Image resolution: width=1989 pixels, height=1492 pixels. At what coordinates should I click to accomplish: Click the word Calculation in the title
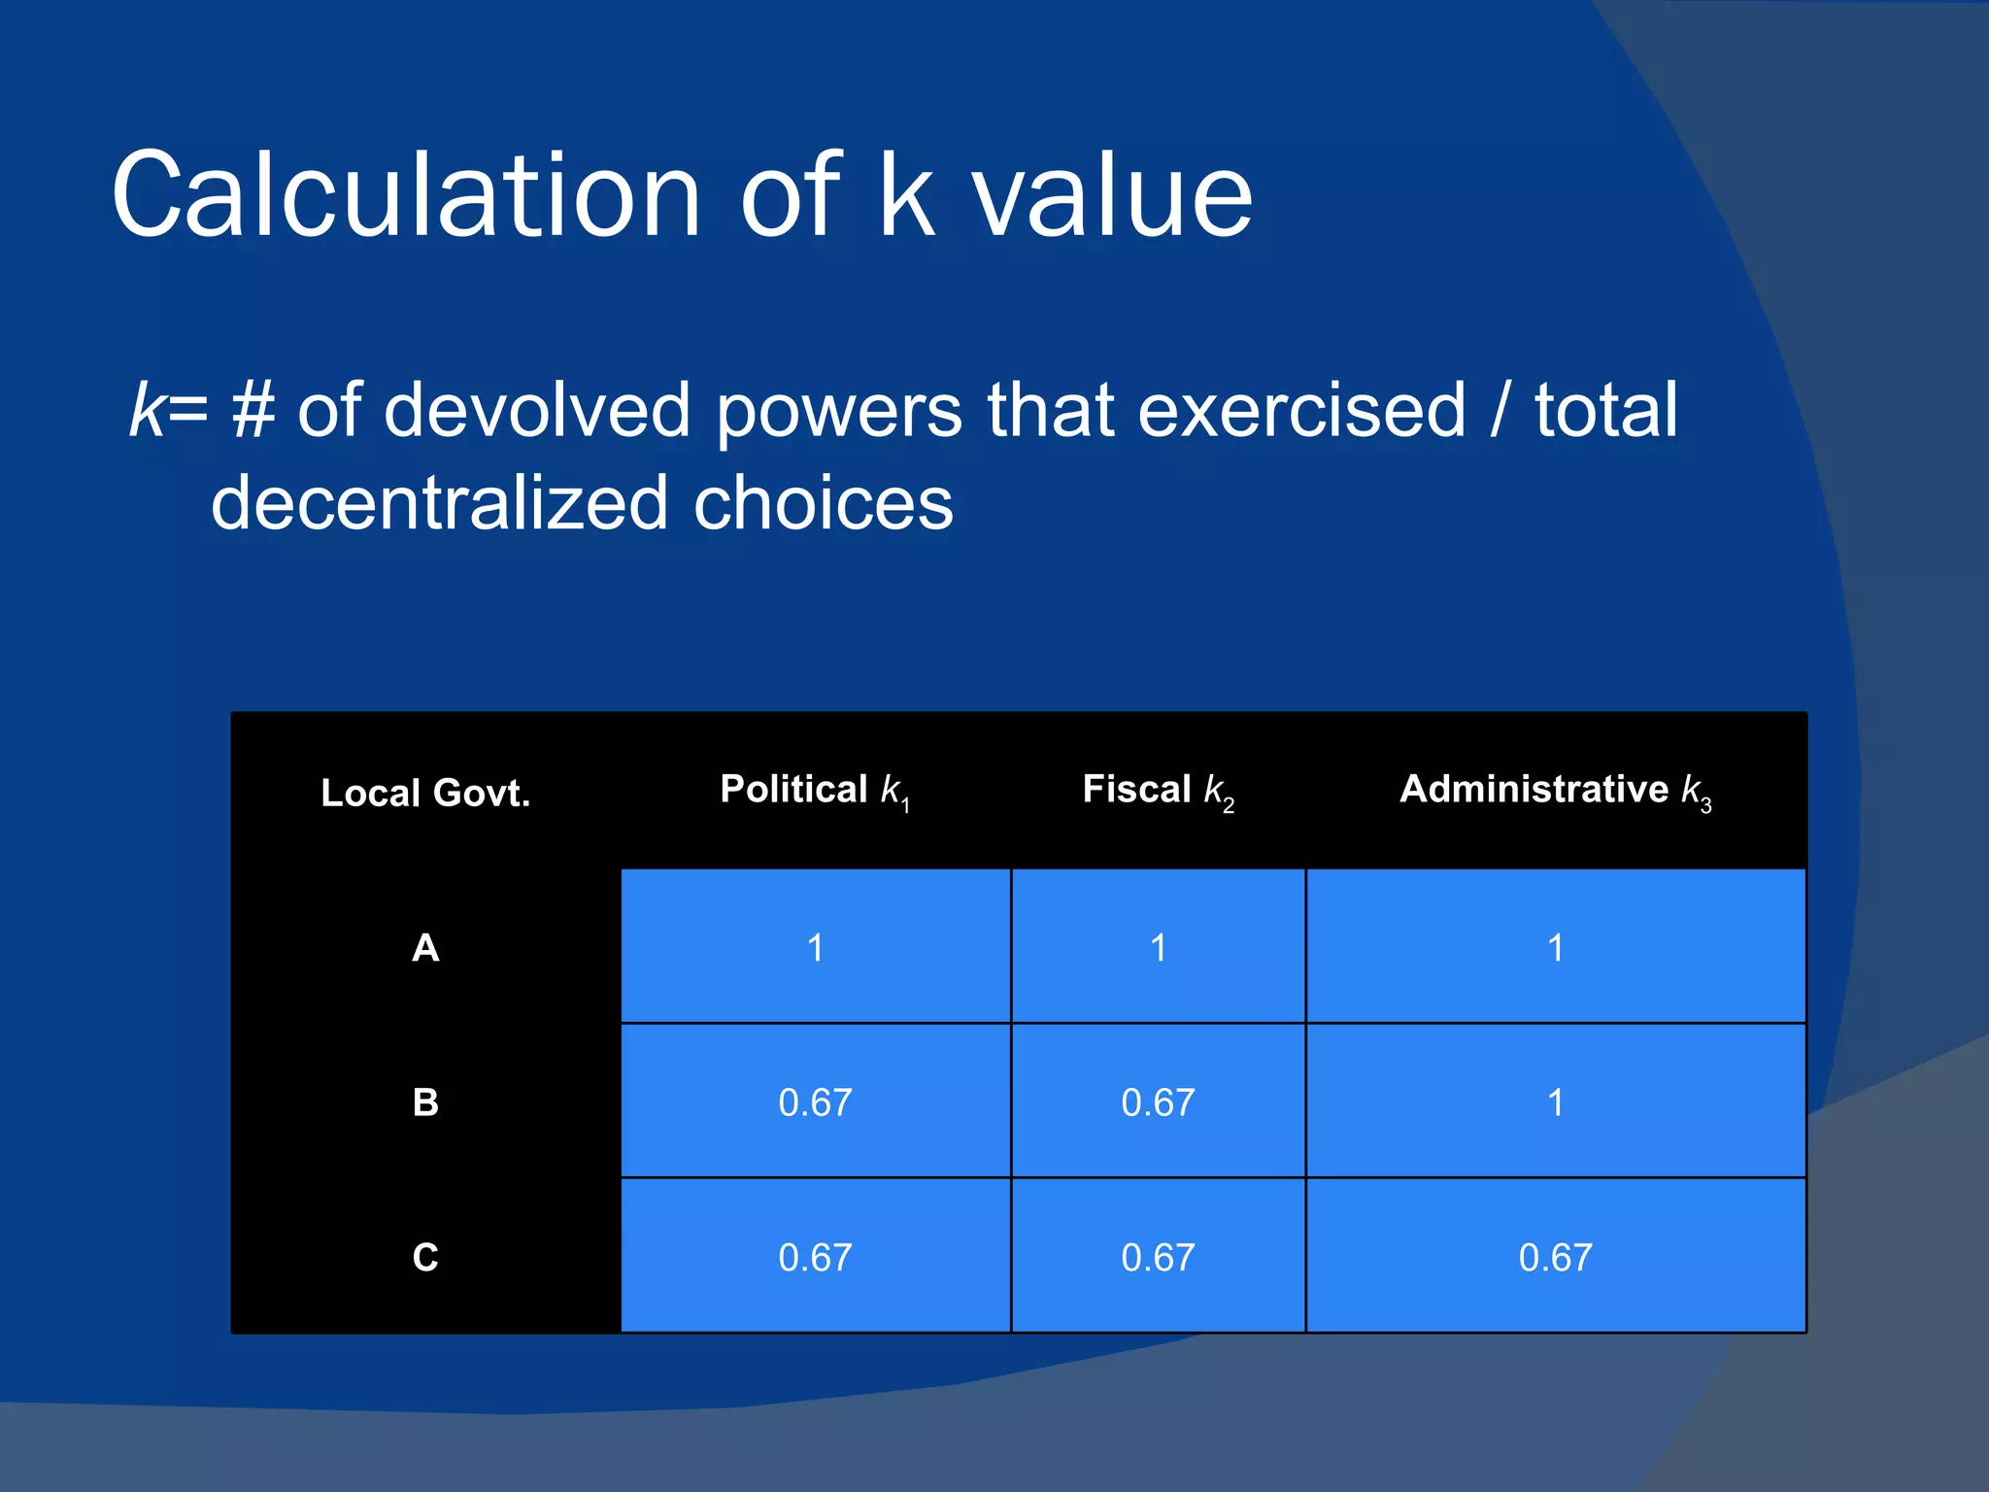click(406, 196)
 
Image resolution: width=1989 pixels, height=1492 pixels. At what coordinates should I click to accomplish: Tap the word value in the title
click(1113, 196)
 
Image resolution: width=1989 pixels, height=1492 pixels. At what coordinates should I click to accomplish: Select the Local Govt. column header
click(425, 793)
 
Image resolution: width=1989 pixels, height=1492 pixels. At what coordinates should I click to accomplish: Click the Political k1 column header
click(815, 791)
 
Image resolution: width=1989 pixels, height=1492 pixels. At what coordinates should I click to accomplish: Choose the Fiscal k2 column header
click(1158, 791)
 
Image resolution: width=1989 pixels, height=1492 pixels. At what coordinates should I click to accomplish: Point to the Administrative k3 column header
click(1555, 791)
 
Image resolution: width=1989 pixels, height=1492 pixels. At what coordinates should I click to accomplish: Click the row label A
click(425, 947)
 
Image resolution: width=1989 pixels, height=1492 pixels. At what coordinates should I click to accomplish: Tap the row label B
click(425, 1102)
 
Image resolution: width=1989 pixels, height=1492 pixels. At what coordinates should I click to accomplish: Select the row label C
click(425, 1257)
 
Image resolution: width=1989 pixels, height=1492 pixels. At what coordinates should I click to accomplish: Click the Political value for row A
click(815, 947)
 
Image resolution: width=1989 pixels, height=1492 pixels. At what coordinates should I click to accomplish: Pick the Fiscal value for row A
click(1158, 947)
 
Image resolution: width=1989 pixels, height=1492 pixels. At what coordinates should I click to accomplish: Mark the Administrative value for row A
click(1555, 947)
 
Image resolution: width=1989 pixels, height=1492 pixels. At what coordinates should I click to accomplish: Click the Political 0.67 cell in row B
click(815, 1102)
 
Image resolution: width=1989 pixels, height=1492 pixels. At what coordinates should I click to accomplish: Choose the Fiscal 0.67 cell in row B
click(1158, 1102)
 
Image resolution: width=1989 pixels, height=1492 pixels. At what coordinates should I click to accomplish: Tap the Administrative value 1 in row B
click(1555, 1102)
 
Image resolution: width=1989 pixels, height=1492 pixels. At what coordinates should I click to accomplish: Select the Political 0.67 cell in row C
click(815, 1257)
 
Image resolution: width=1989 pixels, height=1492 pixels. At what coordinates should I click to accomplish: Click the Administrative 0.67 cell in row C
click(1555, 1257)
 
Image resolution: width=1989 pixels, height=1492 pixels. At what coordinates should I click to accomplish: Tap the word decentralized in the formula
click(439, 504)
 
